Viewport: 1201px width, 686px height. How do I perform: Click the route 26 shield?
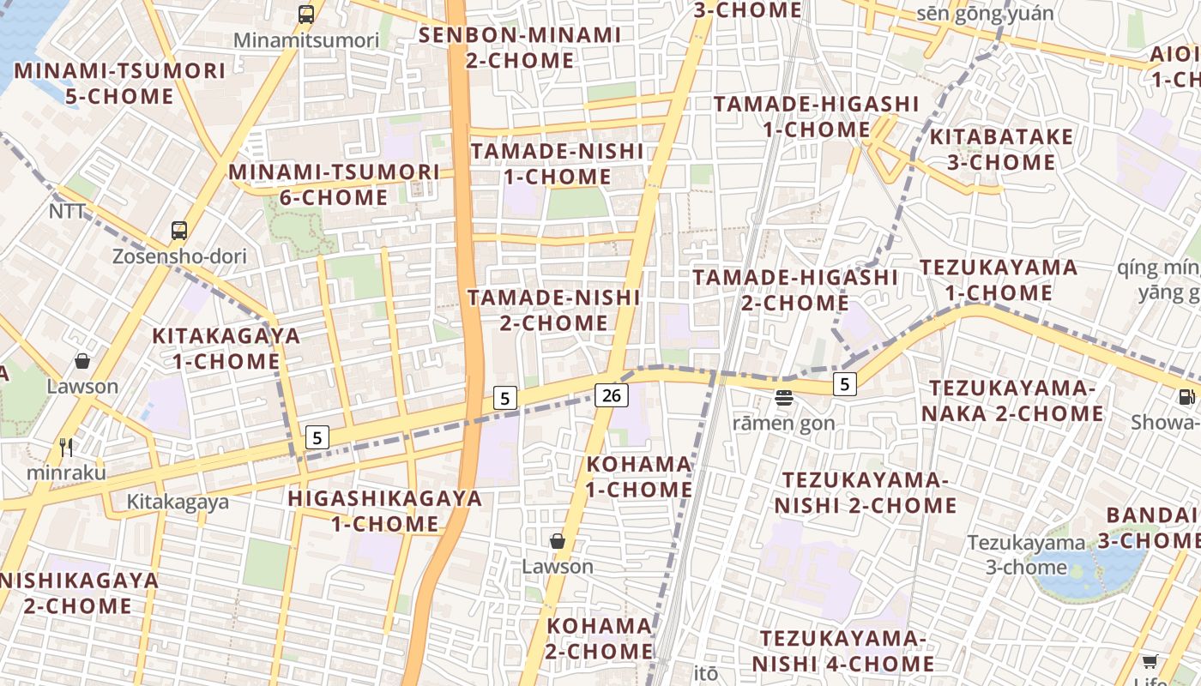click(x=611, y=394)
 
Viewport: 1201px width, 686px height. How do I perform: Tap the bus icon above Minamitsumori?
click(x=306, y=14)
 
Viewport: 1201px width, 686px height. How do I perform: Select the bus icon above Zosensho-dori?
click(x=178, y=230)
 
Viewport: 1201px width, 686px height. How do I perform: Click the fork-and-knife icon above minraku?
click(x=66, y=447)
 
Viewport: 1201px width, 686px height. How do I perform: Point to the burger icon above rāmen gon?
click(x=784, y=397)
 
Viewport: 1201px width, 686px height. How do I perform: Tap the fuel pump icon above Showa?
click(x=1186, y=396)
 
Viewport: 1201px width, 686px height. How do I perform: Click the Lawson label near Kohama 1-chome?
click(x=558, y=567)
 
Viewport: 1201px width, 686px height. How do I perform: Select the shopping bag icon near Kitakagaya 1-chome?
click(x=82, y=361)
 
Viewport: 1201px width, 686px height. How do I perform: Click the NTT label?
click(x=67, y=211)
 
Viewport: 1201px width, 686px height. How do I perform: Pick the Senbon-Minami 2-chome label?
click(x=520, y=48)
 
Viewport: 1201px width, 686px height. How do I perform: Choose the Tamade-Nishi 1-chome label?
click(x=557, y=164)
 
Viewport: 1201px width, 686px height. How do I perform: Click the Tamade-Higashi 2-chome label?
click(x=794, y=290)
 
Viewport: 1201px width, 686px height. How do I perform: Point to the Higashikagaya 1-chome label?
click(x=385, y=511)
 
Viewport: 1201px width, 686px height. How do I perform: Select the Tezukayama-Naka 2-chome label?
click(x=1017, y=401)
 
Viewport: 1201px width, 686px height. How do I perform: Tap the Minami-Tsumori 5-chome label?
click(x=119, y=83)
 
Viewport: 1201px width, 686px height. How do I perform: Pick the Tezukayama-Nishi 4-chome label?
click(x=842, y=651)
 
